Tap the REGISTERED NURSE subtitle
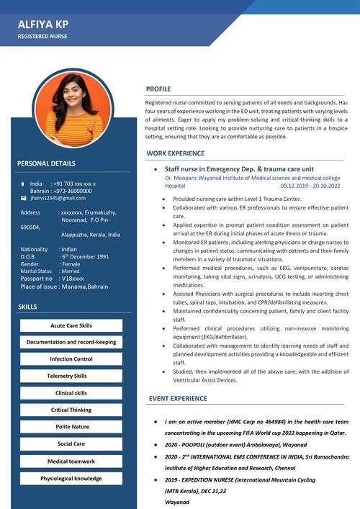pyautogui.click(x=43, y=35)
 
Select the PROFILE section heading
pyautogui.click(x=158, y=89)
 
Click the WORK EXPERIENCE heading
pyautogui.click(x=175, y=153)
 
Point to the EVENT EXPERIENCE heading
pyautogui.click(x=178, y=398)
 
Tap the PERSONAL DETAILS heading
pyautogui.click(x=46, y=163)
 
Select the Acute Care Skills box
pyautogui.click(x=71, y=325)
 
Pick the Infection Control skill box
pyautogui.click(x=71, y=359)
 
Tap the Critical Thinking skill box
pyautogui.click(x=71, y=410)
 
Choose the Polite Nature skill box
pyautogui.click(x=71, y=427)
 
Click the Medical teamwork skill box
pyautogui.click(x=71, y=461)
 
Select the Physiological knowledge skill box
pyautogui.click(x=71, y=478)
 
